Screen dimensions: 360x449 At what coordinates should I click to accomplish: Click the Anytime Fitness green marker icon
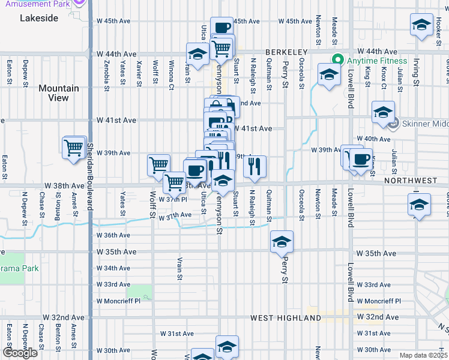tap(337, 61)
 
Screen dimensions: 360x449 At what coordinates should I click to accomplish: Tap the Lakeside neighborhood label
tap(39, 18)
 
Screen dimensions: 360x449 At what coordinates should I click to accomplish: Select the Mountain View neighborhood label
tap(59, 93)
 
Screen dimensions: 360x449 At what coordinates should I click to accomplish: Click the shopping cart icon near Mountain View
tap(74, 146)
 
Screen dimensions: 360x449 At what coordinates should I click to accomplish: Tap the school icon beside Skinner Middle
tap(383, 112)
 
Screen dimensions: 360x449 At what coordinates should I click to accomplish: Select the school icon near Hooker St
tap(421, 25)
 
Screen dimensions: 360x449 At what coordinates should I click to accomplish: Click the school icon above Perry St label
tap(282, 241)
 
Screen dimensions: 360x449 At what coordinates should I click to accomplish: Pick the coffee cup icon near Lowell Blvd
tap(361, 160)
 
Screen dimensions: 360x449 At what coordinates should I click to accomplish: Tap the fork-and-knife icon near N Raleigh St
tap(256, 166)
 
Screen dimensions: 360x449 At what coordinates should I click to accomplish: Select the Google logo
tap(20, 352)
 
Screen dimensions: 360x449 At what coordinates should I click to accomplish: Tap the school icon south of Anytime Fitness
tap(328, 75)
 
